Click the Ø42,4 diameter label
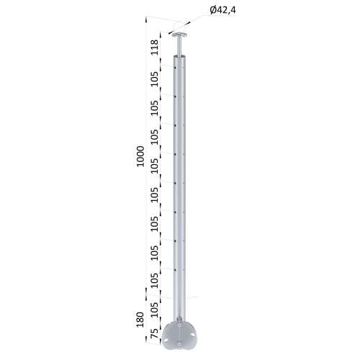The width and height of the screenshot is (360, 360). (222, 10)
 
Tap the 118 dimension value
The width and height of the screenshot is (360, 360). (154, 48)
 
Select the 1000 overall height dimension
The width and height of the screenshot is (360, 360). (140, 156)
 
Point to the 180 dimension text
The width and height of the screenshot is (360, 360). (140, 320)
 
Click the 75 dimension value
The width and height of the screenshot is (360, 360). (154, 333)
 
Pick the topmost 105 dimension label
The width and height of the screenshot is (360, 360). (154, 79)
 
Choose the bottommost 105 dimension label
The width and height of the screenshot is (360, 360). (154, 310)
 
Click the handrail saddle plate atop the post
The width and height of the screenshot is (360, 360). (180, 35)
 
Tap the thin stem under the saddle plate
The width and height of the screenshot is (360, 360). (180, 46)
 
